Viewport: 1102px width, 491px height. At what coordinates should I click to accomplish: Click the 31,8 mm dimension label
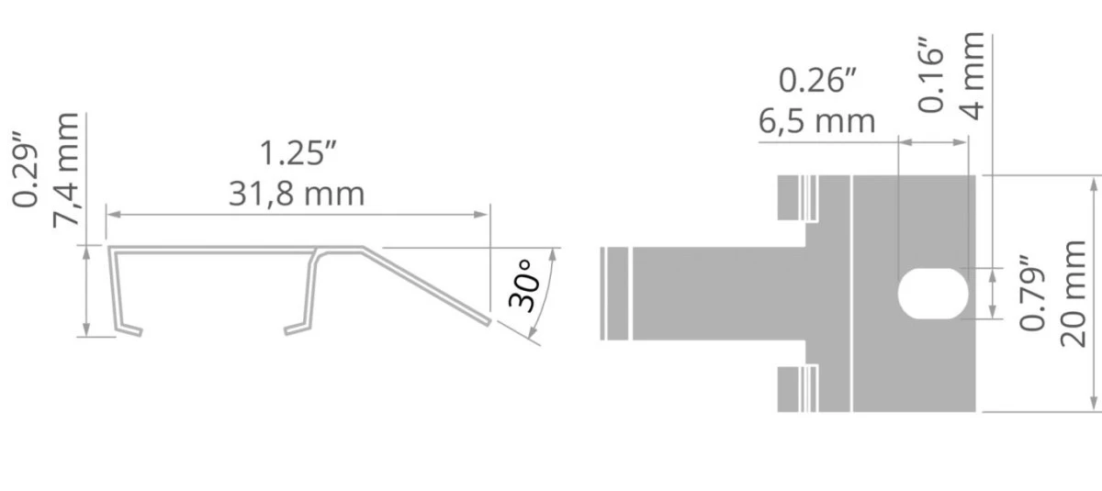point(297,194)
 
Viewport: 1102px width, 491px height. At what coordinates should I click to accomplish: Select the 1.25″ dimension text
point(298,153)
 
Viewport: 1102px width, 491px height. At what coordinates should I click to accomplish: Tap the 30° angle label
point(523,286)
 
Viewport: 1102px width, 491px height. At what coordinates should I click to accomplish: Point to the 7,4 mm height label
point(66,170)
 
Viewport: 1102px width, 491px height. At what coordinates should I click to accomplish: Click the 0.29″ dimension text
point(25,170)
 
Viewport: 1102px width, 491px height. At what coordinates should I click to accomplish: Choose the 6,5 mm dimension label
point(816,121)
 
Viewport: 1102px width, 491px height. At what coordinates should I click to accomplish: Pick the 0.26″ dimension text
point(817,80)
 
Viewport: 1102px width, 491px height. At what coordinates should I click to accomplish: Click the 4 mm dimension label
point(973,76)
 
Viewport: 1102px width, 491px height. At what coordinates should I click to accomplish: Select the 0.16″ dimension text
point(931,74)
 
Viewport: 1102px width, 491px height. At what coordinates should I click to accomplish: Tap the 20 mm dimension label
point(1073,294)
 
